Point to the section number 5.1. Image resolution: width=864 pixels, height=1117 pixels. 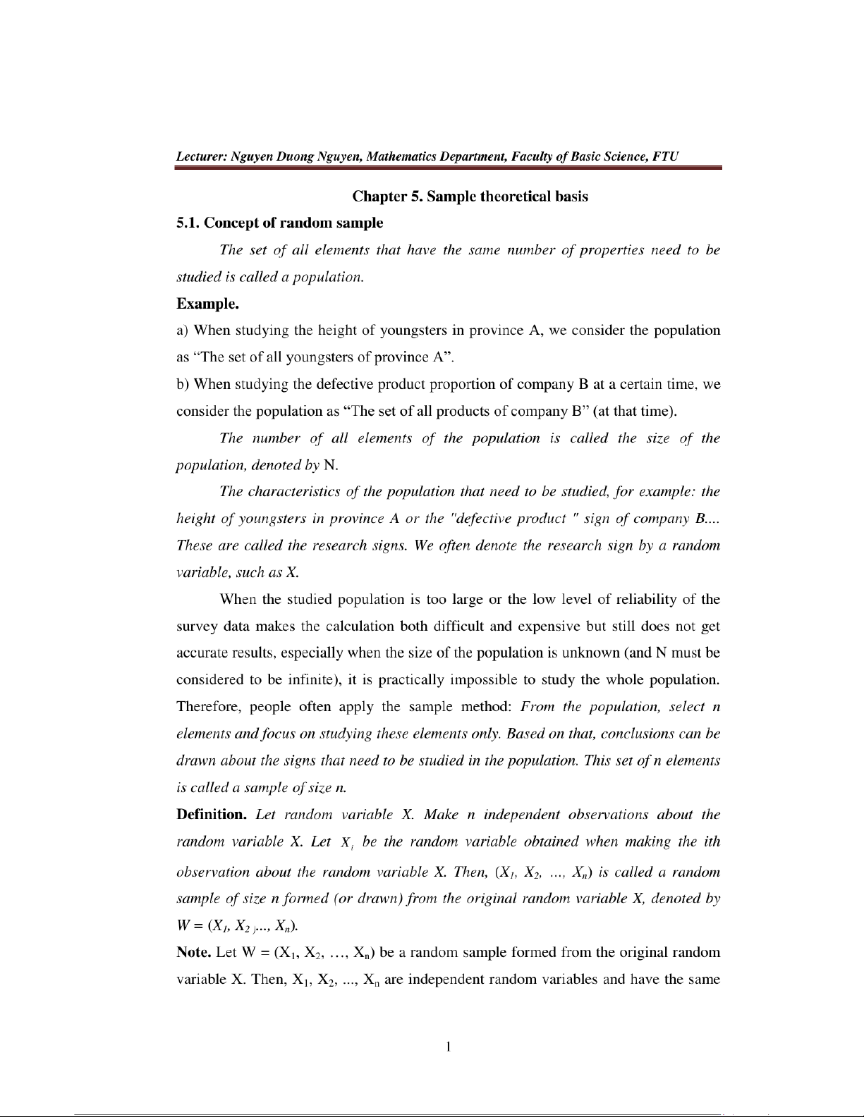[x=188, y=223]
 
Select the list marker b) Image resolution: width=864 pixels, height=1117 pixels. [x=183, y=384]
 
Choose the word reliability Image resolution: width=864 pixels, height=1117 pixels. [x=645, y=600]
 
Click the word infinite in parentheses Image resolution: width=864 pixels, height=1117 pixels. [x=310, y=680]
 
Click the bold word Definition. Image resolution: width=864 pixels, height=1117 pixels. [x=210, y=815]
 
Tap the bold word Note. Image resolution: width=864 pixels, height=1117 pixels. [x=193, y=953]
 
